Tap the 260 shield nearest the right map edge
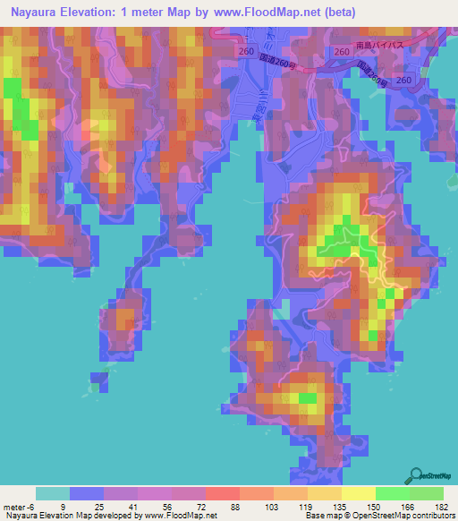click(404, 81)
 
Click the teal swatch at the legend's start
click(53, 493)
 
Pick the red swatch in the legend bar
click(222, 493)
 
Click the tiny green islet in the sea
click(93, 387)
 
